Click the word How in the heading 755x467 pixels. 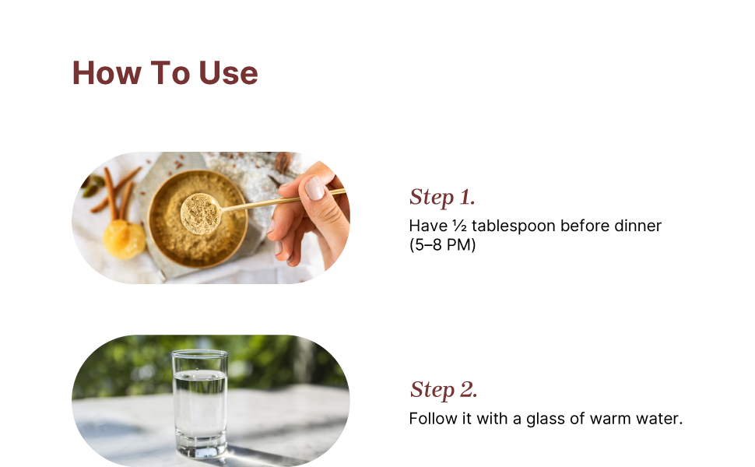[x=107, y=73]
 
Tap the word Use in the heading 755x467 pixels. [x=228, y=73]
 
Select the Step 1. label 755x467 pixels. [x=442, y=198]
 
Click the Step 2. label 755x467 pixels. [x=444, y=390]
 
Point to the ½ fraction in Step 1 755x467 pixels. [x=459, y=226]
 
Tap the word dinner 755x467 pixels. [x=638, y=226]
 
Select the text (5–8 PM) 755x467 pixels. [x=443, y=244]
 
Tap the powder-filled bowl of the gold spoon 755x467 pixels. [x=200, y=213]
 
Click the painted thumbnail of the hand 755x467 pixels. [x=315, y=188]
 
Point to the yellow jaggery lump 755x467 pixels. [x=125, y=239]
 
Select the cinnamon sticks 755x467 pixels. [x=115, y=191]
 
